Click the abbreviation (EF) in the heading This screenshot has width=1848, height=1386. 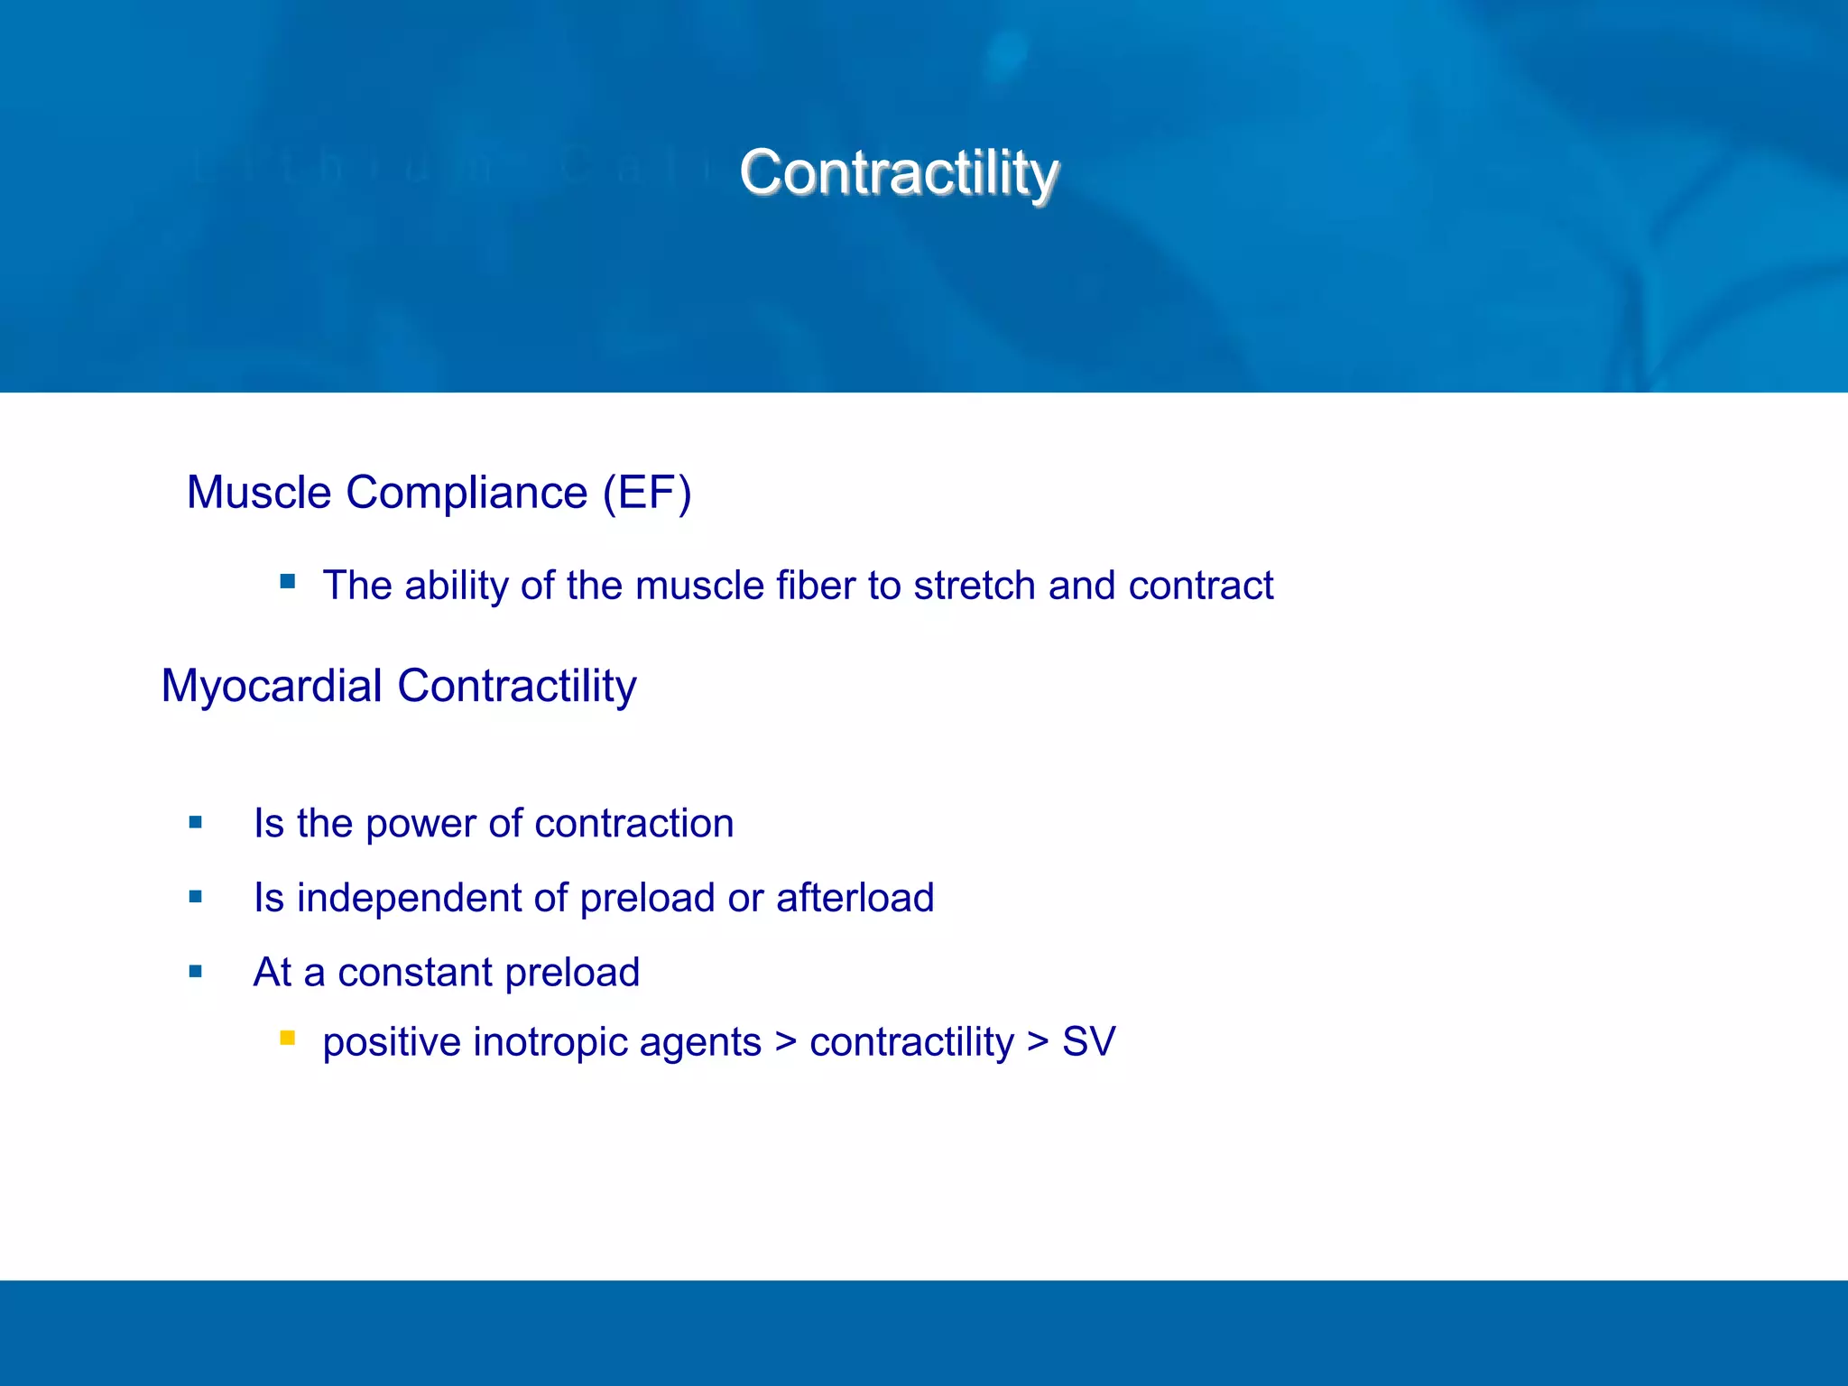coord(646,494)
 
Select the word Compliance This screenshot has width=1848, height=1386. coord(466,494)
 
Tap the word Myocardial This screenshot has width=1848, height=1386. coord(272,686)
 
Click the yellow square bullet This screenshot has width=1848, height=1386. coord(287,1038)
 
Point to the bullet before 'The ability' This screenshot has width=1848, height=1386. coord(287,582)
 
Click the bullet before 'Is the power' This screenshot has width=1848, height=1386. coord(196,822)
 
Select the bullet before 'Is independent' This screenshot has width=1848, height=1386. coord(196,897)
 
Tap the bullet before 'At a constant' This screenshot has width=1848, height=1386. coord(196,972)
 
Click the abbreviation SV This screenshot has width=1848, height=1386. coord(1088,1042)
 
